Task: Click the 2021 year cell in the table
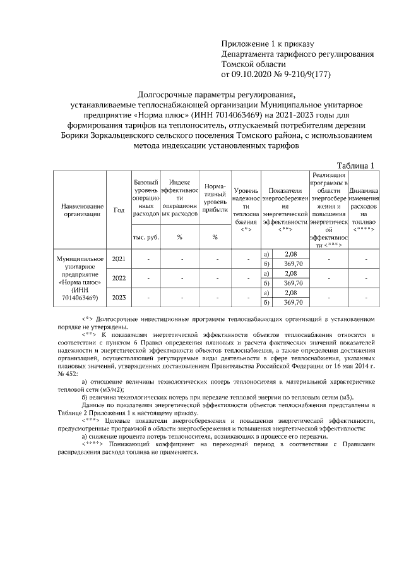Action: pyautogui.click(x=119, y=259)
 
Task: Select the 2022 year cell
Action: pyautogui.click(x=119, y=278)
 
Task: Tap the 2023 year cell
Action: pyautogui.click(x=119, y=297)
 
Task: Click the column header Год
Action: pyautogui.click(x=119, y=210)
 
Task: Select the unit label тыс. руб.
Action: pyautogui.click(x=145, y=238)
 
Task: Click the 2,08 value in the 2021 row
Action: pyautogui.click(x=291, y=254)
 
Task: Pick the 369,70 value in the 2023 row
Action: pyautogui.click(x=291, y=302)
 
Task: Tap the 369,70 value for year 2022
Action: pyautogui.click(x=291, y=283)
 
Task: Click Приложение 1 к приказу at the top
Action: pyautogui.click(x=267, y=44)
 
